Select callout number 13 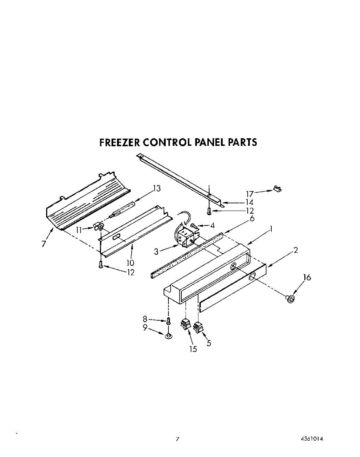(x=157, y=188)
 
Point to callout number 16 (x=307, y=277)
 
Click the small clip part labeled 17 (x=278, y=188)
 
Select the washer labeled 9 (x=168, y=335)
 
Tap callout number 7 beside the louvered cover (x=44, y=244)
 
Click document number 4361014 (x=312, y=439)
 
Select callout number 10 (x=130, y=262)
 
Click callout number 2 (x=296, y=250)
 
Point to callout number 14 (x=249, y=202)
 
